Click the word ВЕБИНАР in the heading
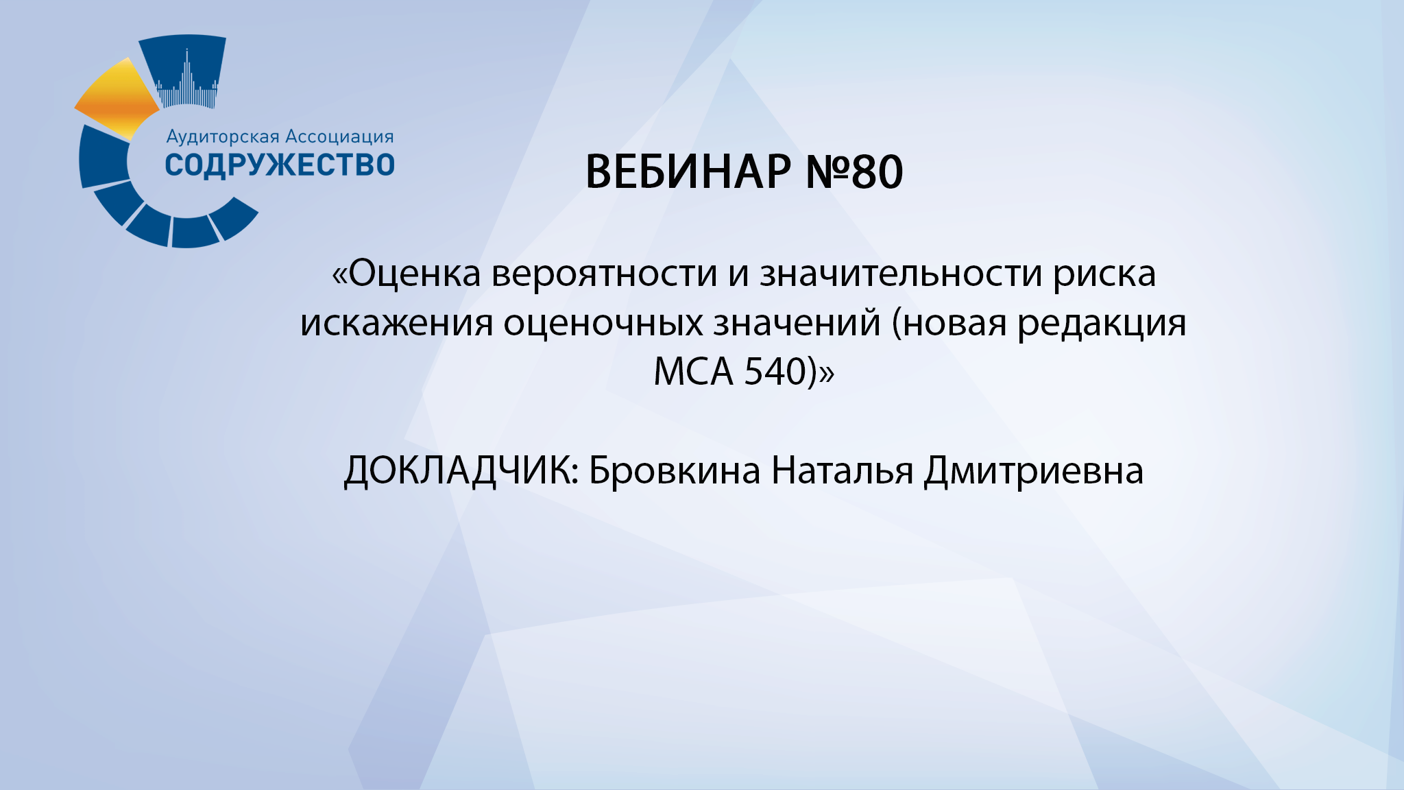coord(688,171)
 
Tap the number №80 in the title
coord(854,171)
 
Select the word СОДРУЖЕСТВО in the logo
coord(280,165)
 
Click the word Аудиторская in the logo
coord(223,137)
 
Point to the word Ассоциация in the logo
coord(339,136)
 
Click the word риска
coord(1104,274)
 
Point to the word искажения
coord(396,323)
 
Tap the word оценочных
coord(603,323)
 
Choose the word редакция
coord(1101,323)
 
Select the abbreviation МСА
coord(693,372)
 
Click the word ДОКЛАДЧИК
coord(461,472)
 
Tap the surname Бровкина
coord(675,472)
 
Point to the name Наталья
coord(842,472)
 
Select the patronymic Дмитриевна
coord(1033,472)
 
